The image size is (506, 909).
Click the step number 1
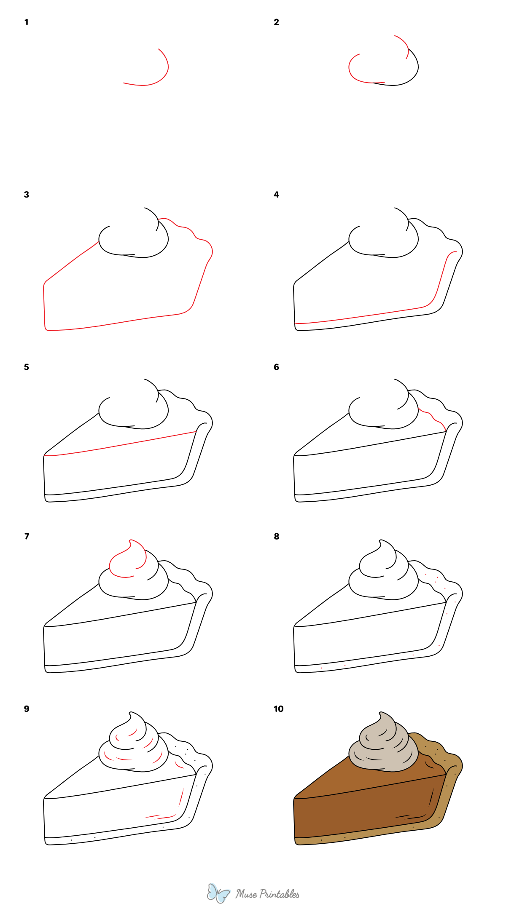pos(27,22)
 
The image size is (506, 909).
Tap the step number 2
pos(276,22)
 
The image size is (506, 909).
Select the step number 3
pos(27,195)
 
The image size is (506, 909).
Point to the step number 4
pos(276,195)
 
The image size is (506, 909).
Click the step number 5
pos(27,367)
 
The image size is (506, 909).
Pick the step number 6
pos(276,367)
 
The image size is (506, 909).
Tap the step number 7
pos(27,536)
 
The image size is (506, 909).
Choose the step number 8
pos(276,536)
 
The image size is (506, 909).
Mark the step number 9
pos(27,709)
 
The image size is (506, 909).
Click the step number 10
pos(278,709)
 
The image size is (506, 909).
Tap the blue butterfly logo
pos(218,893)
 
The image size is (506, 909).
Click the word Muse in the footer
pos(246,894)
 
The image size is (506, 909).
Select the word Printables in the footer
pos(279,894)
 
